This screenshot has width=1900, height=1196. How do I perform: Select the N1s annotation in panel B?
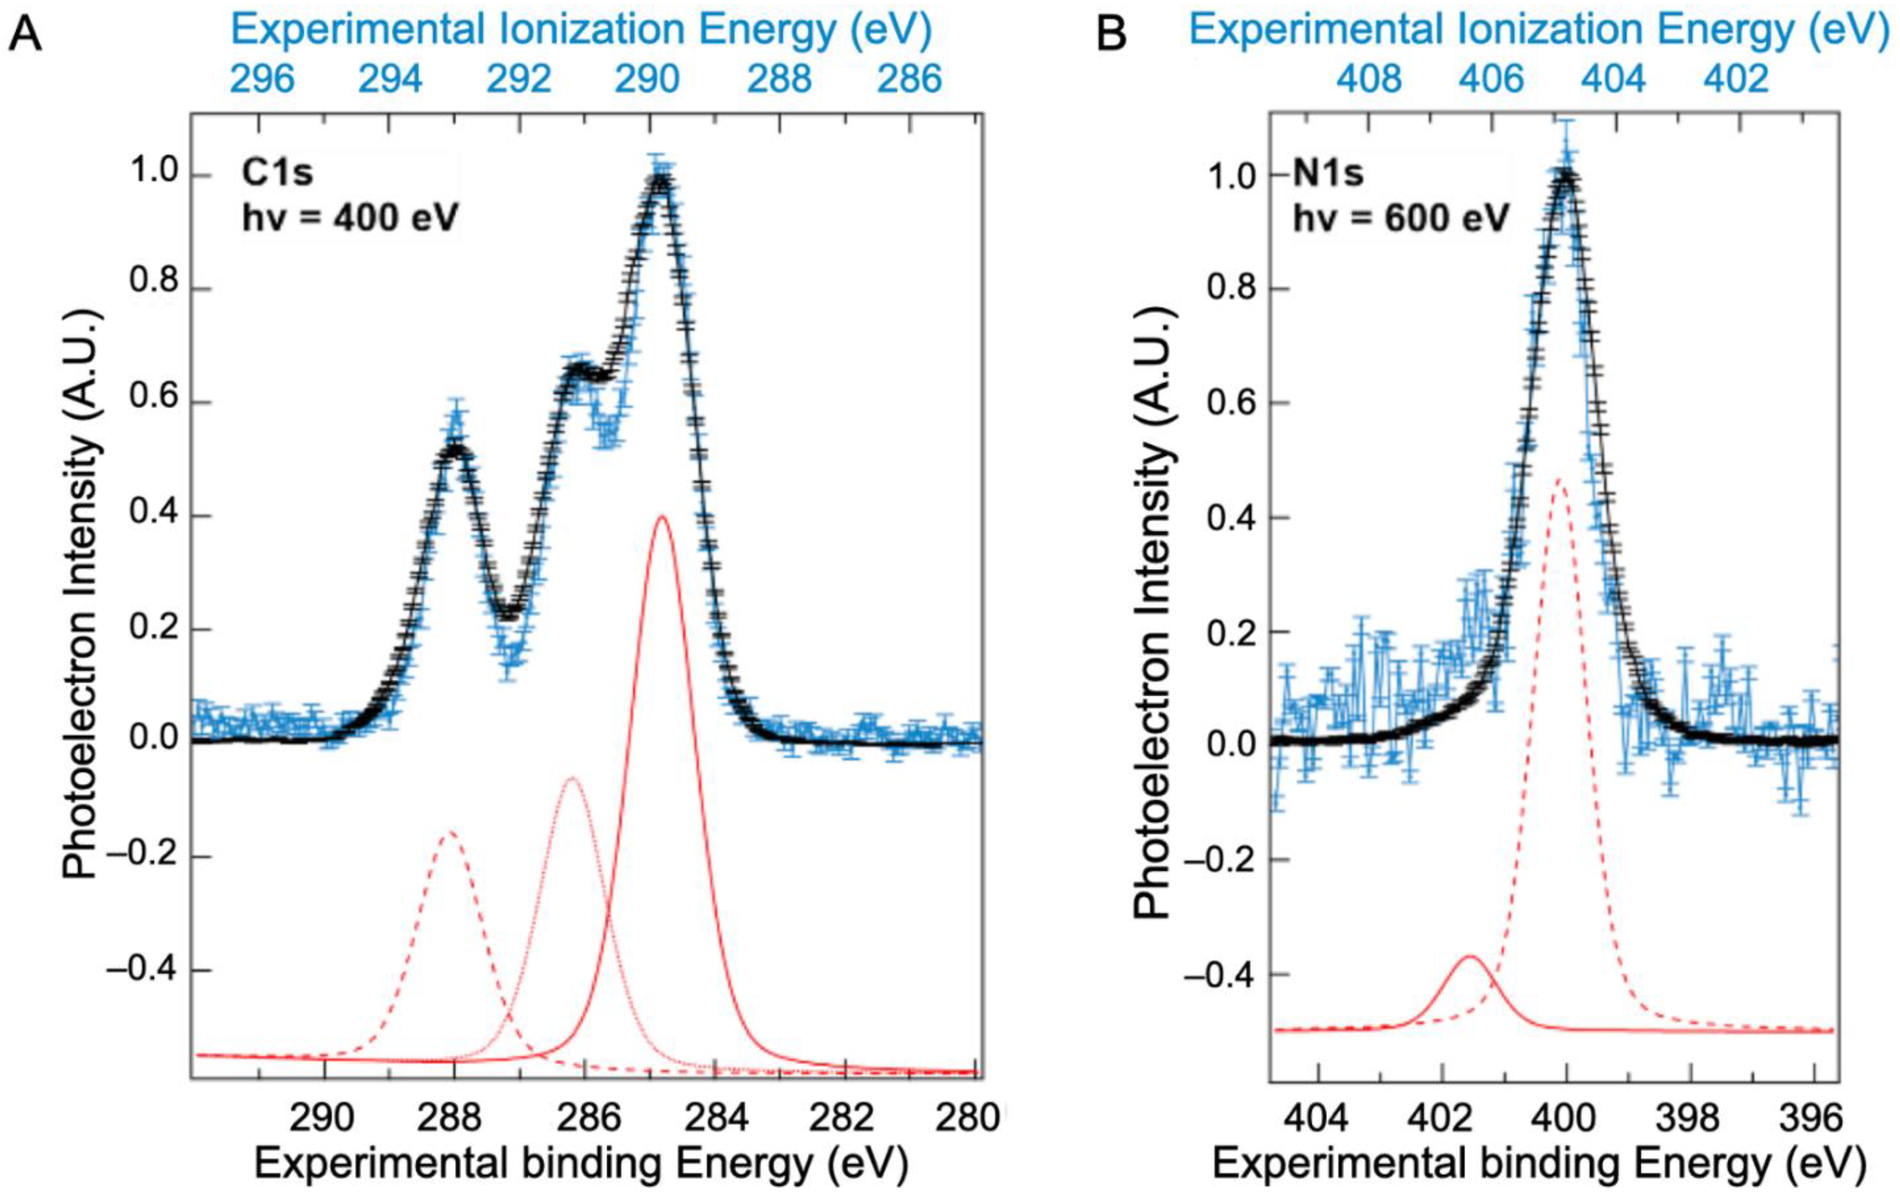tap(1328, 173)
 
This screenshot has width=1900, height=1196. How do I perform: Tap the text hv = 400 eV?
tap(350, 218)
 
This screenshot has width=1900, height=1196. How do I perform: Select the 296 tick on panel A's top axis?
tap(262, 79)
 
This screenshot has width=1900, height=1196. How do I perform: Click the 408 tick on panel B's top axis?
tap(1370, 79)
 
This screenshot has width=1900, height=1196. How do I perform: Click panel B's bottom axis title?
tap(1539, 1164)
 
